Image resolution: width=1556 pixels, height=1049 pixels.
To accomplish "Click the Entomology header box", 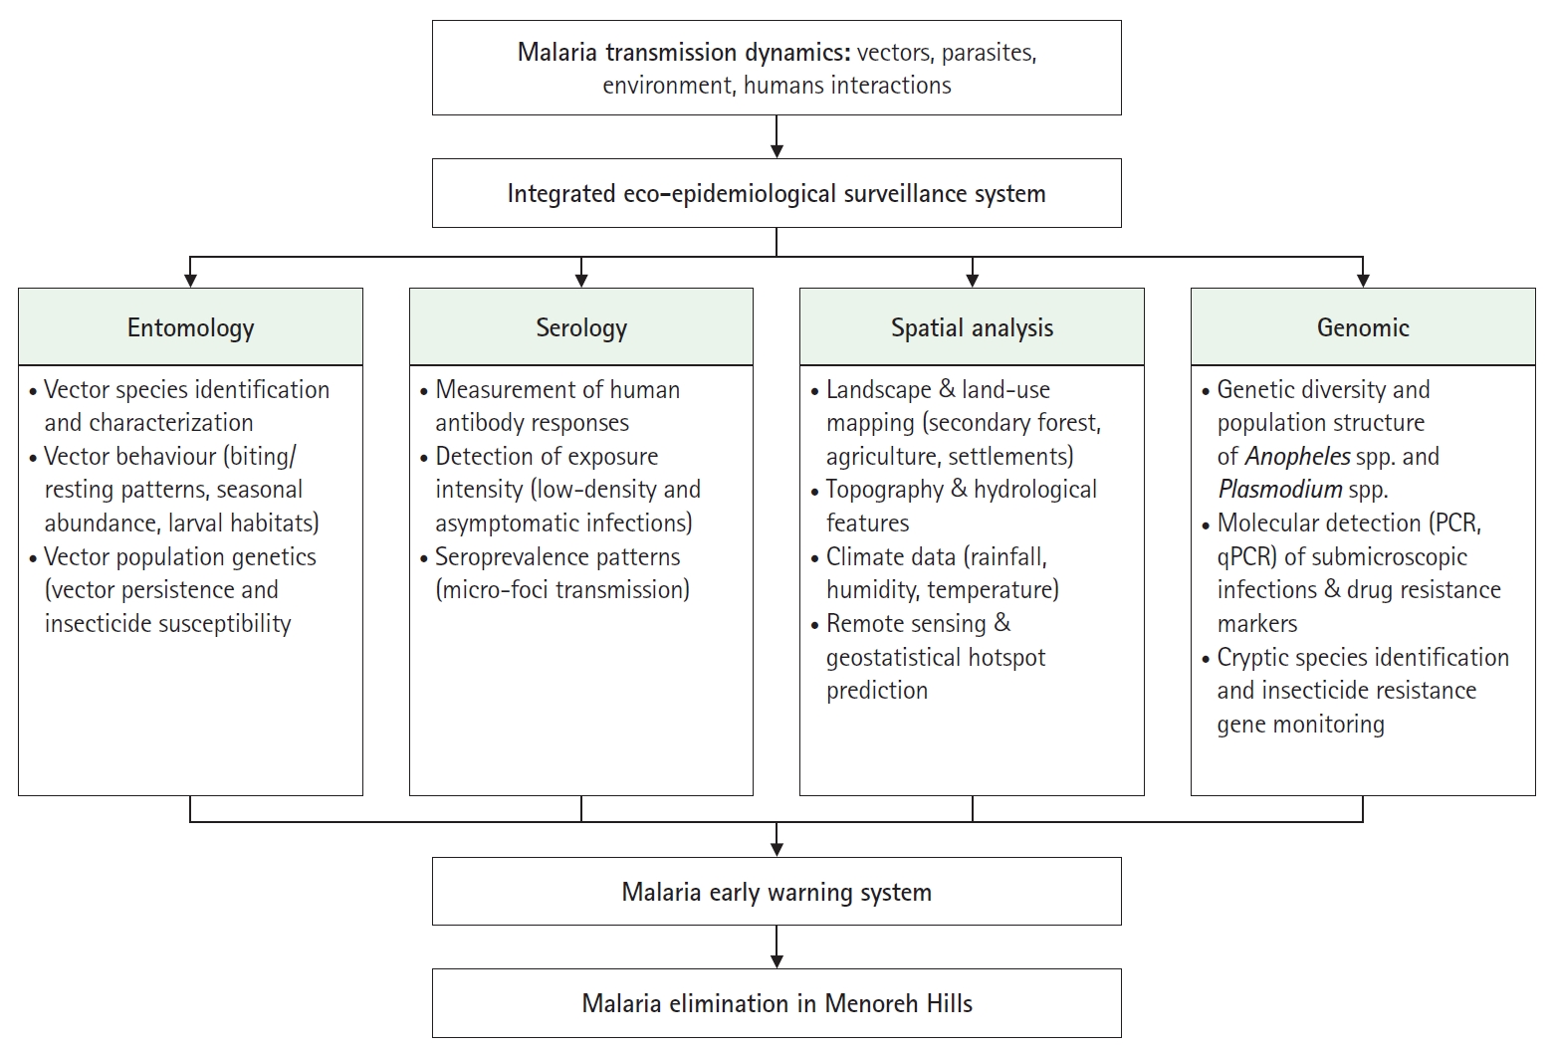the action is [x=190, y=327].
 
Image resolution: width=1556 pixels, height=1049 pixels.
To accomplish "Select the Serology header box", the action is [x=581, y=327].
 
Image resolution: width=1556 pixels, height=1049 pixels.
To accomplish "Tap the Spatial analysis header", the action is [x=972, y=327].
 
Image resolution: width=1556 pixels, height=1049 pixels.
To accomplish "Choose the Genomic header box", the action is [x=1363, y=327].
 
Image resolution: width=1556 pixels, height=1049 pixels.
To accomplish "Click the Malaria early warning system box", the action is [x=777, y=892].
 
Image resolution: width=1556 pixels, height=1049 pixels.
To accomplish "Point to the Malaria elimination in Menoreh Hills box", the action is [x=777, y=1003].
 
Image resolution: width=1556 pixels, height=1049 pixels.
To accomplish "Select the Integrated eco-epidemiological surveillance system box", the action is [x=777, y=193].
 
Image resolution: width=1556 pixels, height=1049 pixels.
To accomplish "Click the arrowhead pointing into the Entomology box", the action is [x=190, y=281].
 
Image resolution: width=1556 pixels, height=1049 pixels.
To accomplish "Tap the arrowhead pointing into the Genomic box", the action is [x=1363, y=281].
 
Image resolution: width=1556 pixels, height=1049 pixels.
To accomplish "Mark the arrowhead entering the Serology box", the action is [x=581, y=281].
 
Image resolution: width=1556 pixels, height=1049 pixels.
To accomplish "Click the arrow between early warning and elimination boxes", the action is [x=777, y=946].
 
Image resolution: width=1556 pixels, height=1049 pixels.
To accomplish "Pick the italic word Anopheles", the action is [x=1297, y=456].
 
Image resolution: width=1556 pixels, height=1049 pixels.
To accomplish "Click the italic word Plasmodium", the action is [x=1279, y=490].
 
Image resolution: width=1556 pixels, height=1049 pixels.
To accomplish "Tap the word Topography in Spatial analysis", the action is [x=885, y=490].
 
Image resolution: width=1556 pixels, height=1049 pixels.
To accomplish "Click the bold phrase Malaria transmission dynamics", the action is [x=684, y=52].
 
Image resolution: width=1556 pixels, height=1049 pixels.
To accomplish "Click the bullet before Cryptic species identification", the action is [x=1206, y=659].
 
